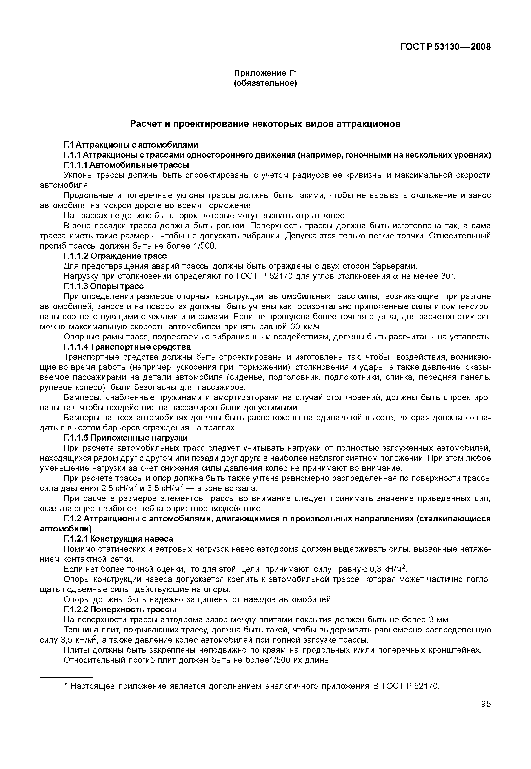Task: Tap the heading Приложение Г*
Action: click(265, 73)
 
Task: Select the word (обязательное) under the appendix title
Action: click(265, 83)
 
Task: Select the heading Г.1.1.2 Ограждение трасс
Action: click(115, 256)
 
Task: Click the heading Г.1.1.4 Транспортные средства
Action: click(127, 347)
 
